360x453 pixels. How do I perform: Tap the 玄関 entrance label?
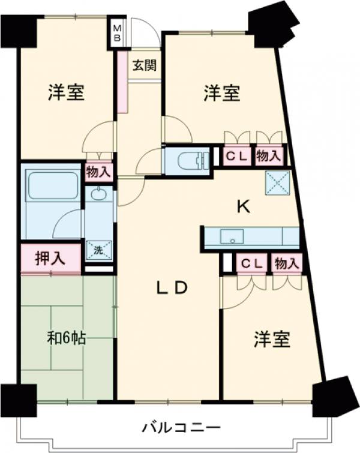[x=145, y=65]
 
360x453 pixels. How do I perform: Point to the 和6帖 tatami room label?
[x=66, y=338]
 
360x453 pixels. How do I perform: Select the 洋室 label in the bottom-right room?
[x=271, y=340]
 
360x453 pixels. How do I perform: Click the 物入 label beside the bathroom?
[x=98, y=172]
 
